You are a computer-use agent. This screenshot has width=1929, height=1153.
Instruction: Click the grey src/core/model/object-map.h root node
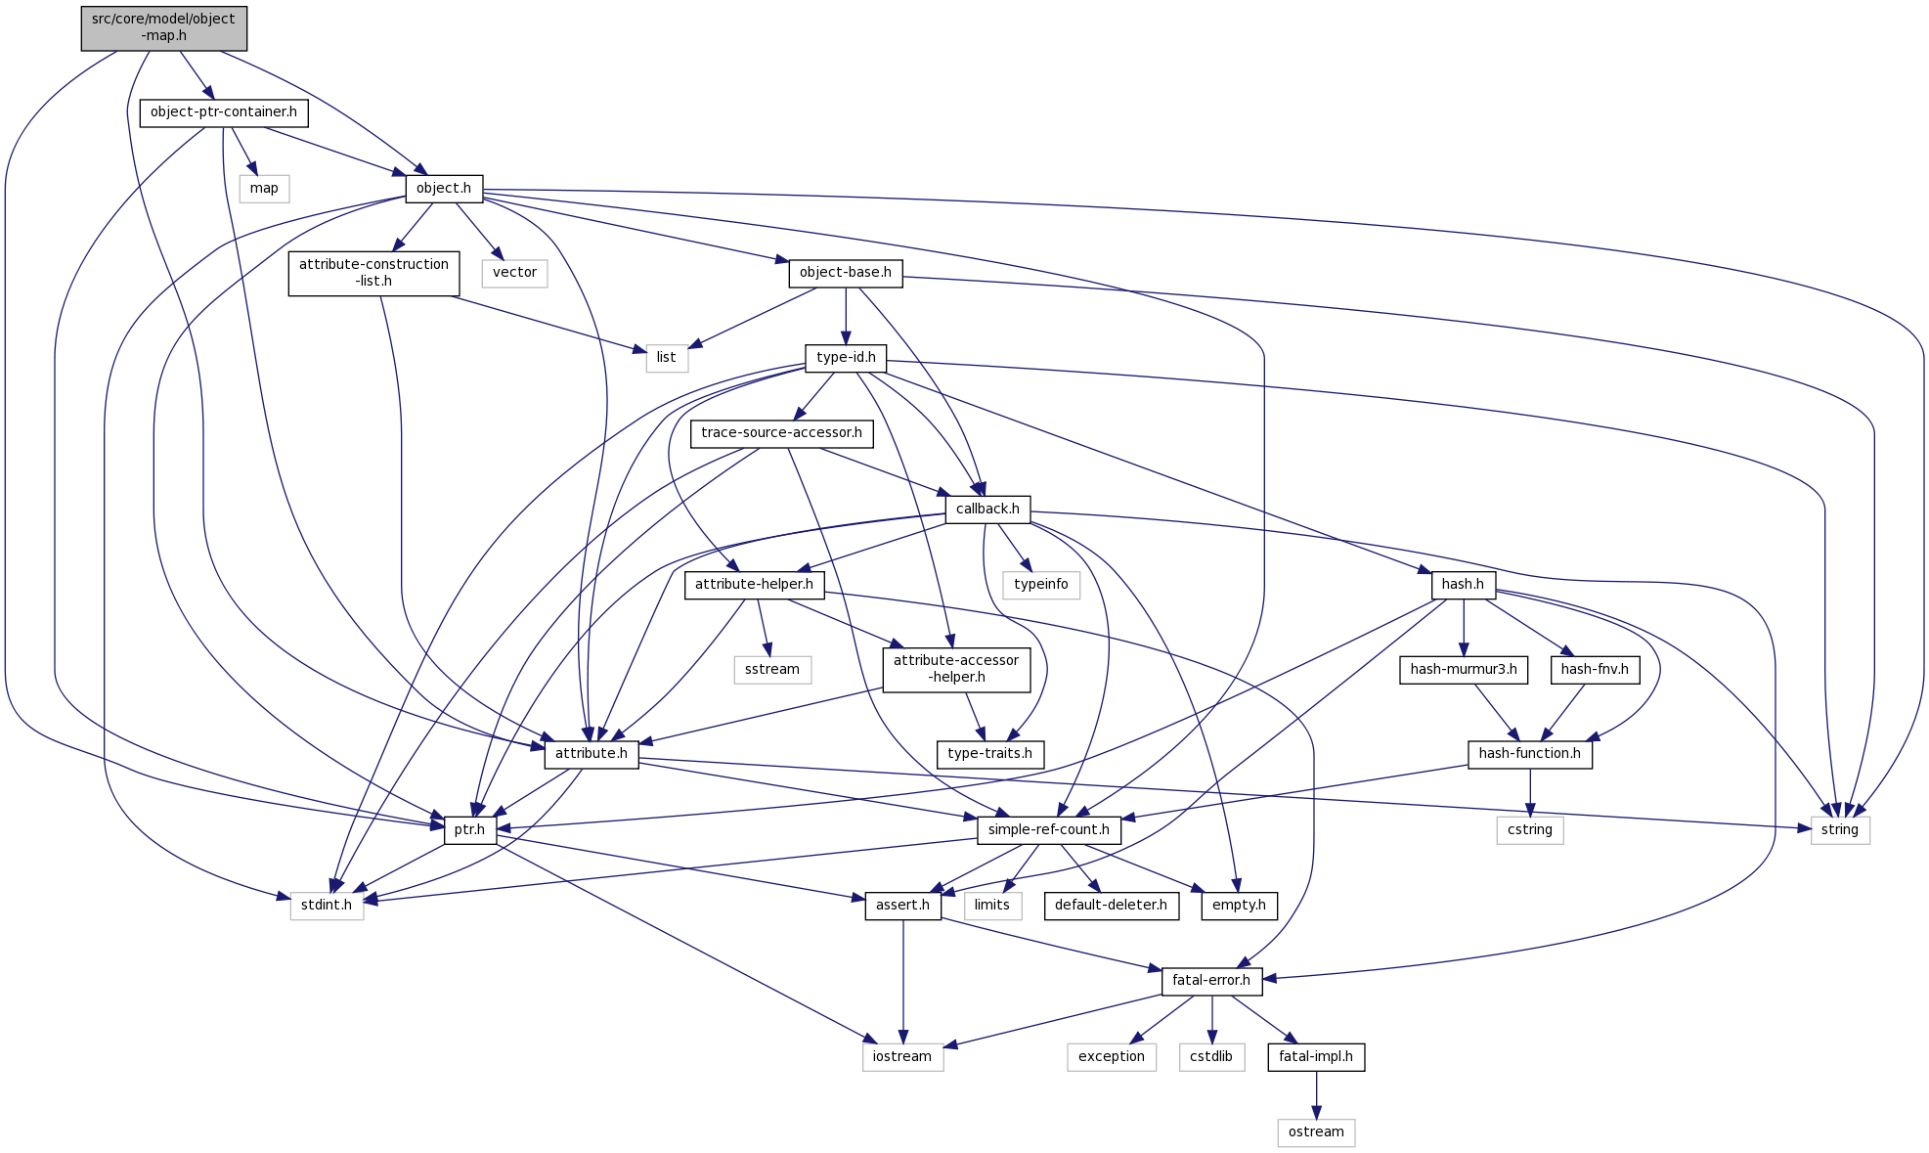163,27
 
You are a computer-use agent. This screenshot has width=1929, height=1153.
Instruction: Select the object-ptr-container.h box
224,112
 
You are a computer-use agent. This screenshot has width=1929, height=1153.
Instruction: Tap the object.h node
444,189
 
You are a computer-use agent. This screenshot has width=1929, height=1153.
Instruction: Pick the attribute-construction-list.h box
373,273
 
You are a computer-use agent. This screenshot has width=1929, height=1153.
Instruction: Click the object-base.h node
846,273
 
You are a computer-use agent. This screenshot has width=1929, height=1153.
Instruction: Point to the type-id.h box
846,358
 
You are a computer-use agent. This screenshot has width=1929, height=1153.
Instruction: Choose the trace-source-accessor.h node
781,433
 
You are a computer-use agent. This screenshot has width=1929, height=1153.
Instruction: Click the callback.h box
987,510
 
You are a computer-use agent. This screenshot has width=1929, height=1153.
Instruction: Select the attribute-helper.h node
754,585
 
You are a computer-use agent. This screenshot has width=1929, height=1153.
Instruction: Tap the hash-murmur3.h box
1464,670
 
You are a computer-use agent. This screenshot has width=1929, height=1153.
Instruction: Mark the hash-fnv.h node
1595,670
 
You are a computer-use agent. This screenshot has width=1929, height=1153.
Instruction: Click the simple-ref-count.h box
1048,830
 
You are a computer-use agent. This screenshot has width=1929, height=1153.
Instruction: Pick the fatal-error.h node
1211,981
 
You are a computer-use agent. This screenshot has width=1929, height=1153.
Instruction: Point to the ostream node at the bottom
1316,1132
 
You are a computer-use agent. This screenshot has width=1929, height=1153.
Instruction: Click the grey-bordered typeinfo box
1041,585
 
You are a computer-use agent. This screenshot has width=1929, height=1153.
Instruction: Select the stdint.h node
327,906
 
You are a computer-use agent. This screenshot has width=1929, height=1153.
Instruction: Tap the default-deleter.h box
1111,906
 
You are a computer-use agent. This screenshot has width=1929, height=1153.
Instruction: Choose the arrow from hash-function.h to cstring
1530,792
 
